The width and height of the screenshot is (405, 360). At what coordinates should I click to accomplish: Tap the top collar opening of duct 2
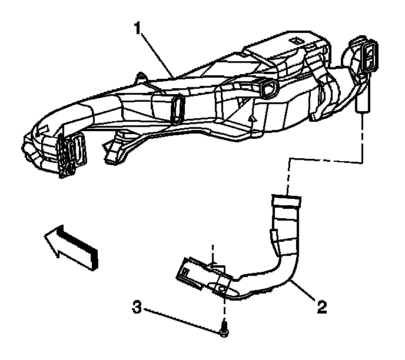pos(285,200)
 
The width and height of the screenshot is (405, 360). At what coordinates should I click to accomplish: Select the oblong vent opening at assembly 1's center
pos(176,109)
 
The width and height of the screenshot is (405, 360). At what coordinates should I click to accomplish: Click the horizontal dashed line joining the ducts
pos(324,161)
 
